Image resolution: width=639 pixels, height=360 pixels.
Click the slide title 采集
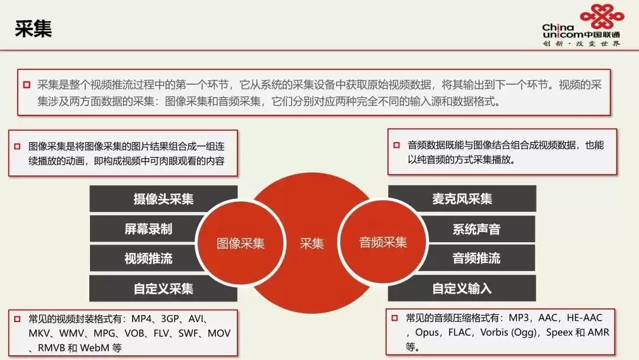pyautogui.click(x=33, y=29)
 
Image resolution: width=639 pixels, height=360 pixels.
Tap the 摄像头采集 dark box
pyautogui.click(x=163, y=199)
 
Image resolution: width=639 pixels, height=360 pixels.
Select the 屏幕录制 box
pyautogui.click(x=149, y=229)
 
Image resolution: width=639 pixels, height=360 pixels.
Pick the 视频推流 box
pyautogui.click(x=149, y=258)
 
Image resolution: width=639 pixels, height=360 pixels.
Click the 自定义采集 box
pyautogui.click(x=163, y=288)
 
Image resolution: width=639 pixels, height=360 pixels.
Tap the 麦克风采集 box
pyautogui.click(x=462, y=199)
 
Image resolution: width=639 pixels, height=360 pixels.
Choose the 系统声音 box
pyautogui.click(x=476, y=229)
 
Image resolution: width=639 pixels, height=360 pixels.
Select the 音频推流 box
pyautogui.click(x=476, y=258)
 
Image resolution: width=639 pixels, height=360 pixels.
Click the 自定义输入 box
pyautogui.click(x=462, y=288)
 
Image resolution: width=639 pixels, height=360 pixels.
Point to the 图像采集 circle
pyautogui.click(x=240, y=243)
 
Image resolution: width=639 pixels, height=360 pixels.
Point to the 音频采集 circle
pyautogui.click(x=383, y=242)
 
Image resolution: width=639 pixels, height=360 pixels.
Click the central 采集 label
pyautogui.click(x=312, y=243)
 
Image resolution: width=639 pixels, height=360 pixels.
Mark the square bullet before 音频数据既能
pyautogui.click(x=396, y=145)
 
